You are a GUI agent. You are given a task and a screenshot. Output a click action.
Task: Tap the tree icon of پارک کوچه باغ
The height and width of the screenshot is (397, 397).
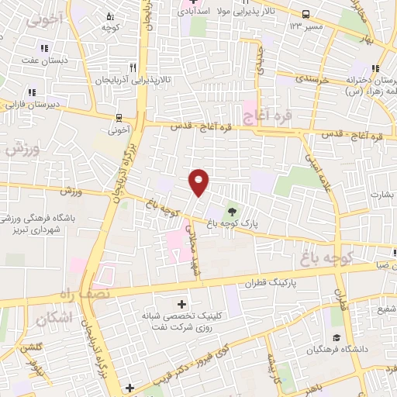coord(232,209)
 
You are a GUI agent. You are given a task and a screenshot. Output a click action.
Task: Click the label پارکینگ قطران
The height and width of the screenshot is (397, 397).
coord(295,285)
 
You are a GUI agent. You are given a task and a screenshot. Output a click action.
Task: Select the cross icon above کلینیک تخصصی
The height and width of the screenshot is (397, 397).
coord(182,304)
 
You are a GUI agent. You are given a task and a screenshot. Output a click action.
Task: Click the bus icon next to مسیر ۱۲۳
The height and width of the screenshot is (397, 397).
coord(306,14)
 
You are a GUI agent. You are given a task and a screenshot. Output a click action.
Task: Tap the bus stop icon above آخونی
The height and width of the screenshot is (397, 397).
coord(118,118)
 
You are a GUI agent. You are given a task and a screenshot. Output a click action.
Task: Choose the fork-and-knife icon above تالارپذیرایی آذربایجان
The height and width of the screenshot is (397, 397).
coord(133,67)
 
